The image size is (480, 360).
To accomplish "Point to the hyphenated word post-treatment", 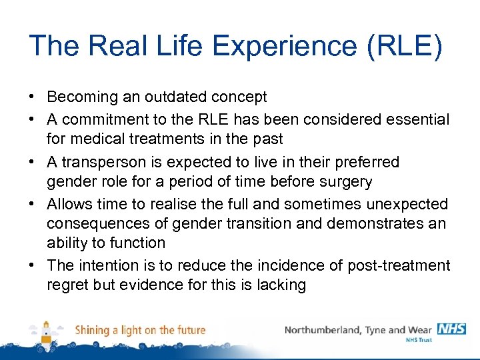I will click(399, 265).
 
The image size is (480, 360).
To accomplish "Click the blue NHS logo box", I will click(451, 329).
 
